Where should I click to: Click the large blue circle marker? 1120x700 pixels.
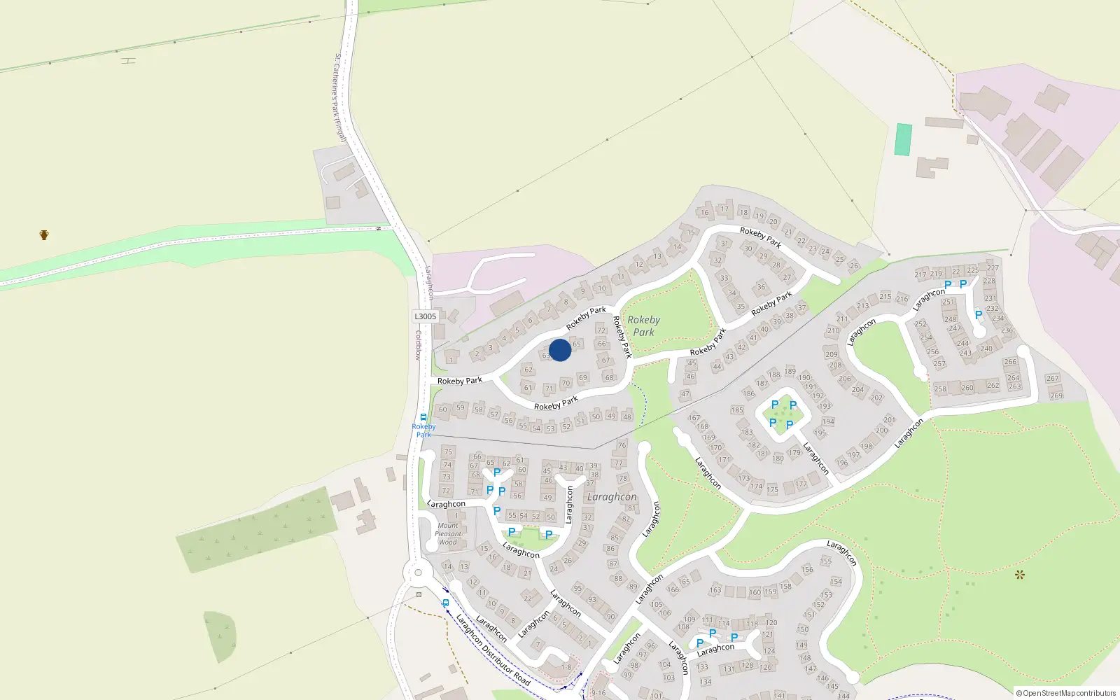pyautogui.click(x=560, y=350)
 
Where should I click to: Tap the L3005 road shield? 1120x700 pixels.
pyautogui.click(x=425, y=316)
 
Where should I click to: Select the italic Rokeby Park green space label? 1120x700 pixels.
pyautogui.click(x=643, y=326)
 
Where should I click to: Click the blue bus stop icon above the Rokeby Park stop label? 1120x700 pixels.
pyautogui.click(x=423, y=417)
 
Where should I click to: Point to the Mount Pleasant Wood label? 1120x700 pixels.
pyautogui.click(x=448, y=534)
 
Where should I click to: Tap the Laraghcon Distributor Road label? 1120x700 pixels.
pyautogui.click(x=493, y=649)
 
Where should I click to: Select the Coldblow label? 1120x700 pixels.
pyautogui.click(x=418, y=345)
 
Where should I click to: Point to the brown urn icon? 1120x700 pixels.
pyautogui.click(x=44, y=235)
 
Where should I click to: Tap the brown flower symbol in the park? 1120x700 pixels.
pyautogui.click(x=1020, y=575)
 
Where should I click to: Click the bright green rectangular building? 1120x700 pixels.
pyautogui.click(x=904, y=140)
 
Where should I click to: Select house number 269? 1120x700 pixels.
pyautogui.click(x=1056, y=395)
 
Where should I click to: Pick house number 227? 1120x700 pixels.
pyautogui.click(x=993, y=267)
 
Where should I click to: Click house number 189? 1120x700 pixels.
pyautogui.click(x=790, y=371)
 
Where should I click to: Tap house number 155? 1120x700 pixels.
pyautogui.click(x=826, y=561)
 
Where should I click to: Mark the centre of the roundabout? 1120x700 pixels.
pyautogui.click(x=418, y=574)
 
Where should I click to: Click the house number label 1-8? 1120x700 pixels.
pyautogui.click(x=566, y=667)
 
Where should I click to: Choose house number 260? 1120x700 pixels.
pyautogui.click(x=967, y=387)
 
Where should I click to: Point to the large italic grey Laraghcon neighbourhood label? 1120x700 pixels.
pyautogui.click(x=612, y=497)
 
